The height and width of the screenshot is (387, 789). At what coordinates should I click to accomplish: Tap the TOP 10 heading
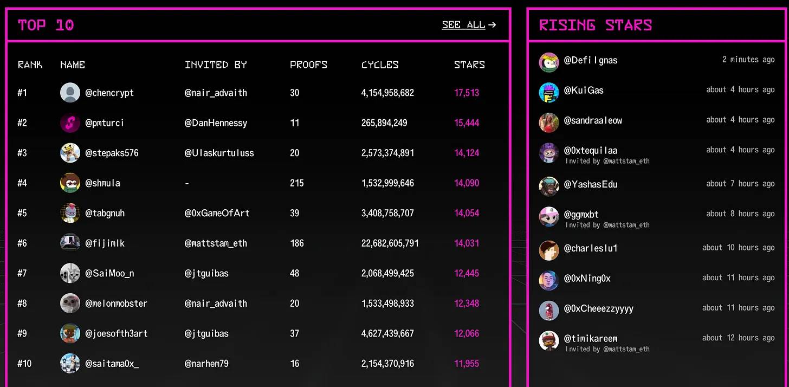(46, 25)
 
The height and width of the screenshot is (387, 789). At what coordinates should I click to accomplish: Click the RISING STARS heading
(595, 25)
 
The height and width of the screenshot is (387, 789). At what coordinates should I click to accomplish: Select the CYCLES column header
(380, 65)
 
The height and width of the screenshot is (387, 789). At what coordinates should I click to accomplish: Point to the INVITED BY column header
(216, 65)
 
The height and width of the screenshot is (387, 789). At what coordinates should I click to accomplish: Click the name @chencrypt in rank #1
(109, 93)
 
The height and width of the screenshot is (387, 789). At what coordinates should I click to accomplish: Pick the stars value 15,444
(467, 123)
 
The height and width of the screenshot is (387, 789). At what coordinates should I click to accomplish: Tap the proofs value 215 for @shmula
(296, 183)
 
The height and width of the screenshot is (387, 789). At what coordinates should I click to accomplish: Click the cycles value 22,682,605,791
(390, 243)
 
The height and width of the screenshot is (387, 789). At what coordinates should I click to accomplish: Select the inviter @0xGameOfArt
(217, 213)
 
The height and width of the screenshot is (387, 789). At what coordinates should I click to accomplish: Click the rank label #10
(24, 363)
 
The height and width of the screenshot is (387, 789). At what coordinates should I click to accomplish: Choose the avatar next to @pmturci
(70, 123)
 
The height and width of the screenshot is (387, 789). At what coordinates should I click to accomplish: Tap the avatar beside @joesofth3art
(70, 333)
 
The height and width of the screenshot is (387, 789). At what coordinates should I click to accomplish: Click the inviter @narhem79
(206, 363)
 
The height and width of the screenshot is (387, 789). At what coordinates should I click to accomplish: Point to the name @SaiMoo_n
(109, 273)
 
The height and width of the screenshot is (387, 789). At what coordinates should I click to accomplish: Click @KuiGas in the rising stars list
(584, 91)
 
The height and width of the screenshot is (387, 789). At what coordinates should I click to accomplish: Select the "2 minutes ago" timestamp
(748, 60)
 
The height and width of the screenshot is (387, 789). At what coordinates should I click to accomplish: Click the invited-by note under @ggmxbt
(607, 225)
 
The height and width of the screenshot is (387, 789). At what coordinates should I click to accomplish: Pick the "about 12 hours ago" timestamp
(738, 338)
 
